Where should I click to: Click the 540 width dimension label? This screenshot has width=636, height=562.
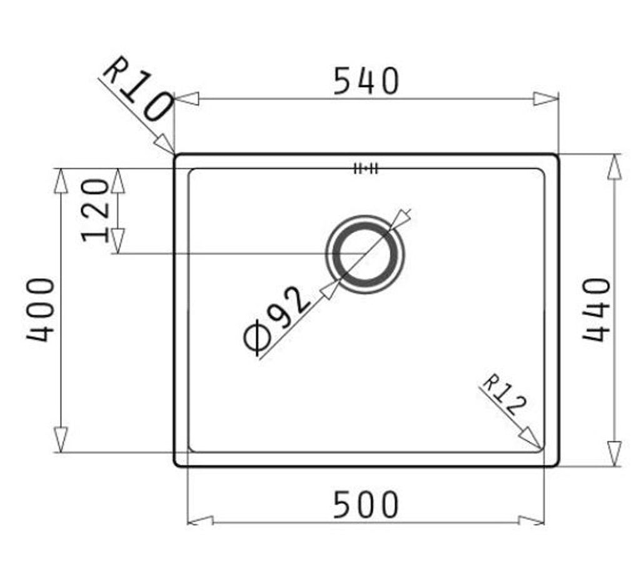pos(365,81)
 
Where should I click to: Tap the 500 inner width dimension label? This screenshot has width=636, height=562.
pos(365,505)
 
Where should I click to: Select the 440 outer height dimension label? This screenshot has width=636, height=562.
pos(595,309)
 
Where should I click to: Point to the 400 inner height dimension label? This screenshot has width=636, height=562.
pos(41,309)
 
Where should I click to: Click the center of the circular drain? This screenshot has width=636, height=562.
pos(365,254)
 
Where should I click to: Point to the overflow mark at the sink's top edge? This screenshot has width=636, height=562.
pos(365,168)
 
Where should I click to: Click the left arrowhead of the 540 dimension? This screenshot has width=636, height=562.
pos(187,99)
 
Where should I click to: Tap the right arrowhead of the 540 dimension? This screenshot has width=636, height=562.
pos(545,99)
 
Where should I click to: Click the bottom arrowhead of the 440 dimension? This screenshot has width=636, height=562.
pos(615,453)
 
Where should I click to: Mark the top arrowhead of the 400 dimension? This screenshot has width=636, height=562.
pos(61,181)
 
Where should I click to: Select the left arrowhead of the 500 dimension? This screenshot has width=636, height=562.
pos(201,521)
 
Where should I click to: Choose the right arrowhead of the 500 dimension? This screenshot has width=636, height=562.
pos(532,521)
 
